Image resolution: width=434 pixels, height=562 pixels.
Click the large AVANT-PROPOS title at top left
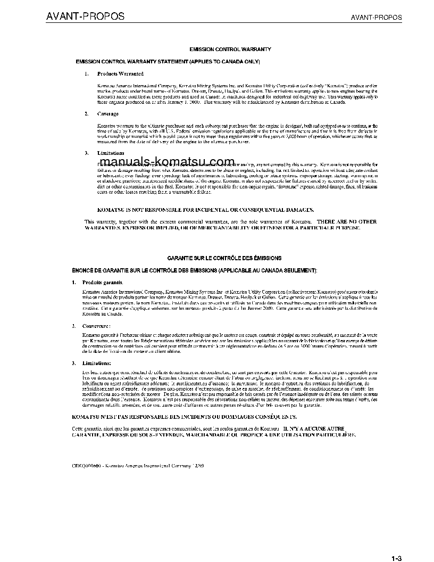click(85, 16)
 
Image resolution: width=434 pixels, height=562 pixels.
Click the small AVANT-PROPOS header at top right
click(377, 18)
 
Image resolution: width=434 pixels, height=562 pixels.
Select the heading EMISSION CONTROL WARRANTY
click(230, 49)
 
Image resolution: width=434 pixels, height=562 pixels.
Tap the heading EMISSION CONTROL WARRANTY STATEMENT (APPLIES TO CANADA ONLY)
click(168, 62)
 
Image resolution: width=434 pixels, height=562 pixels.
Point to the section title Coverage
click(108, 114)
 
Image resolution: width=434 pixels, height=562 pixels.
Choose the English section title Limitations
click(111, 153)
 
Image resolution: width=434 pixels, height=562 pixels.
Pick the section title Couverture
click(96, 325)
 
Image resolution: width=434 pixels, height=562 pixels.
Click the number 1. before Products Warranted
click(87, 73)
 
